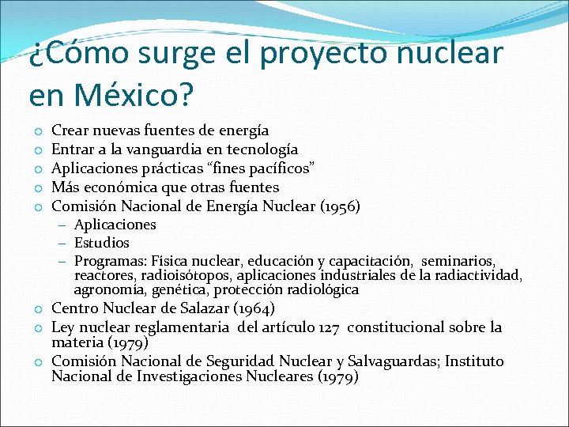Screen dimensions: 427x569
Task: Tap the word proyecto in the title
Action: [x=314, y=54]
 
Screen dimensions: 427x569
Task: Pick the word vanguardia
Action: [x=175, y=149]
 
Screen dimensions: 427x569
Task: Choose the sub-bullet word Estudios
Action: [x=102, y=243]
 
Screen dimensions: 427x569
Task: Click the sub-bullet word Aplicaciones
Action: [x=115, y=225]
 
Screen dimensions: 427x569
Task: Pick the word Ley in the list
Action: [x=63, y=327]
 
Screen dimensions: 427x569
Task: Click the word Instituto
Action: [x=474, y=361]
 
